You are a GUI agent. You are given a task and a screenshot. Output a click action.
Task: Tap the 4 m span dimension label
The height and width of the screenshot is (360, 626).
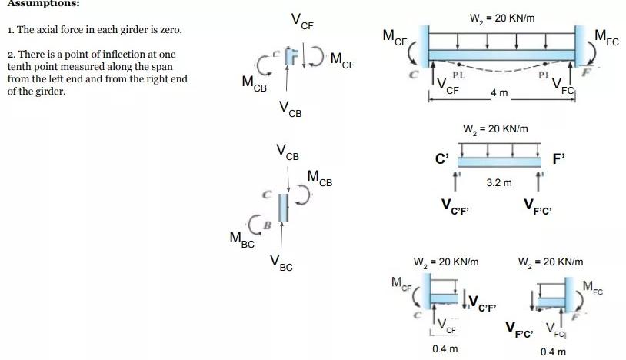[499, 93]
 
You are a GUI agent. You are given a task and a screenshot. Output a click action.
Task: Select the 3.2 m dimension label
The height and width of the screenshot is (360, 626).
[498, 183]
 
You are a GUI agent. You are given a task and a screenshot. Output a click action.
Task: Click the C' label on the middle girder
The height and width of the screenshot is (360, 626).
[441, 159]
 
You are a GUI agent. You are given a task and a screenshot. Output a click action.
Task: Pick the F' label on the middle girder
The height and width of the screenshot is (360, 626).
[559, 160]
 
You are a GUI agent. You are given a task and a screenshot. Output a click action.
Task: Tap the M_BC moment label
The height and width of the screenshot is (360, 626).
[242, 240]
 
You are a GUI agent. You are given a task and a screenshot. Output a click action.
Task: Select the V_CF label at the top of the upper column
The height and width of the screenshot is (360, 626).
[302, 21]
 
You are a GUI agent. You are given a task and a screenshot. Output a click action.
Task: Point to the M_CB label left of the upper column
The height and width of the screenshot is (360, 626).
[255, 82]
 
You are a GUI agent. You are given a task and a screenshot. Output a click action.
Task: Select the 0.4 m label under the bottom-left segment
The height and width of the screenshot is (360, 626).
[445, 348]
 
